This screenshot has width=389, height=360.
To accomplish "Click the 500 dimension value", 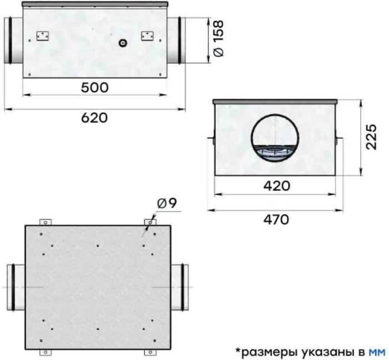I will pyautogui.click(x=94, y=87).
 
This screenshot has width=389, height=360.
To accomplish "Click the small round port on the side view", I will pyautogui.click(x=122, y=42).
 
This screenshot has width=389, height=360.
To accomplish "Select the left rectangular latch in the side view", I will pyautogui.click(x=42, y=36).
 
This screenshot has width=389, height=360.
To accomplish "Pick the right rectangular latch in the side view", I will pyautogui.click(x=147, y=36).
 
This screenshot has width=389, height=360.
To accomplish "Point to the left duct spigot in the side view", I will pyautogui.click(x=13, y=40).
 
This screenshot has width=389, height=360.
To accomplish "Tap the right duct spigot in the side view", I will pyautogui.click(x=176, y=40).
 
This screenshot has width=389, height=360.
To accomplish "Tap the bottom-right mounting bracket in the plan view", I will pyautogui.click(x=149, y=352).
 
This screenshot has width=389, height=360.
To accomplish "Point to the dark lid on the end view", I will pyautogui.click(x=275, y=101).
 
